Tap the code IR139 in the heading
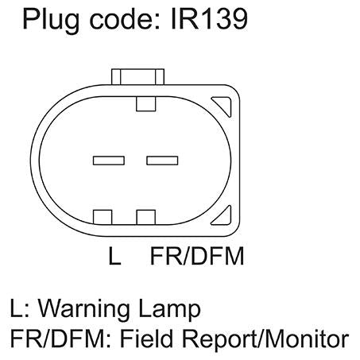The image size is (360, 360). click(209, 19)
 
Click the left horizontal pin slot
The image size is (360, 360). click(109, 161)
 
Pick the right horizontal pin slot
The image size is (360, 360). click(162, 161)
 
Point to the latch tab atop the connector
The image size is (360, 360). click(137, 77)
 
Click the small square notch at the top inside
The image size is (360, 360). click(146, 104)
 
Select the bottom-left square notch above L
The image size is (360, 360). click(103, 217)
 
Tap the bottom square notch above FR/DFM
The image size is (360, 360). click(146, 217)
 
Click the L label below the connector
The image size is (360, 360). click(114, 256)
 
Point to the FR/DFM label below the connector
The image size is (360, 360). click(197, 256)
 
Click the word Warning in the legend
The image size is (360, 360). click(84, 310)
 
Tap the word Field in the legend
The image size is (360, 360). click(148, 338)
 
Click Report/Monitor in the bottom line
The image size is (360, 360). click(265, 339)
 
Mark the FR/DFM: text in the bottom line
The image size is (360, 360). click(60, 339)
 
